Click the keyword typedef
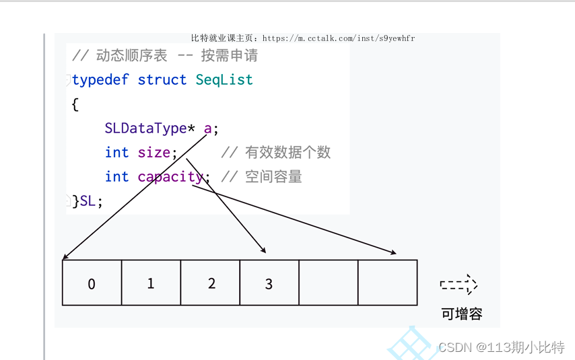coord(100,80)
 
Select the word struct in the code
coord(162,80)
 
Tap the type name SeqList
coord(224,80)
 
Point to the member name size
coord(154,153)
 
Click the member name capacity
coord(170,177)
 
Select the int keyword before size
coord(116,153)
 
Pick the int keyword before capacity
coord(116,177)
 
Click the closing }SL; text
coord(88,201)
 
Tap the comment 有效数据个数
coord(287,153)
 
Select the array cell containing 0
coord(92,283)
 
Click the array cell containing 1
coord(151,283)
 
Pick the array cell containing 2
coord(211,283)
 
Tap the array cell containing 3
coord(269,283)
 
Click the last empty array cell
coord(387,283)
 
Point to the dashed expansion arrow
coord(459,285)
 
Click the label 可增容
coord(462,314)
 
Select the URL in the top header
coord(338,38)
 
